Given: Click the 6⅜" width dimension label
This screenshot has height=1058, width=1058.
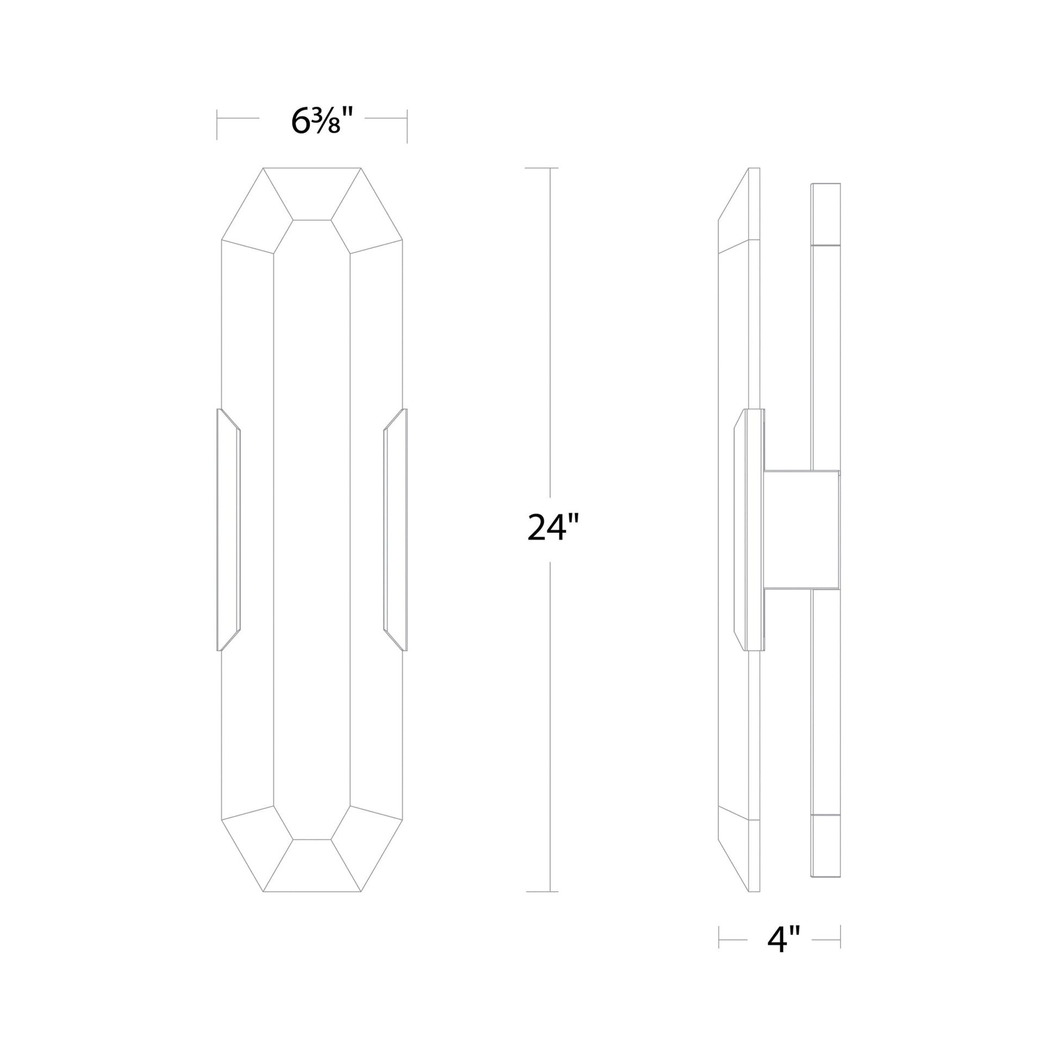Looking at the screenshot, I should (x=316, y=121).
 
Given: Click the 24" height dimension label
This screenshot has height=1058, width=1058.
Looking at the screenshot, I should (x=552, y=527).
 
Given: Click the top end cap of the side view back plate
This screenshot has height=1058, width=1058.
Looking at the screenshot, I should (x=826, y=214).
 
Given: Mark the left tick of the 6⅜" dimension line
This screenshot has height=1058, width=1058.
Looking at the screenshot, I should (x=217, y=125).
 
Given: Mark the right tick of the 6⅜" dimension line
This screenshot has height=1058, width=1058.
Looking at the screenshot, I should (x=407, y=126).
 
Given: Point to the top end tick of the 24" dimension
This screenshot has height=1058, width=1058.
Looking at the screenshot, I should (x=542, y=167).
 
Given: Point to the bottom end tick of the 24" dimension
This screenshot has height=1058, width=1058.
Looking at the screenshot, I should (x=542, y=892).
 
